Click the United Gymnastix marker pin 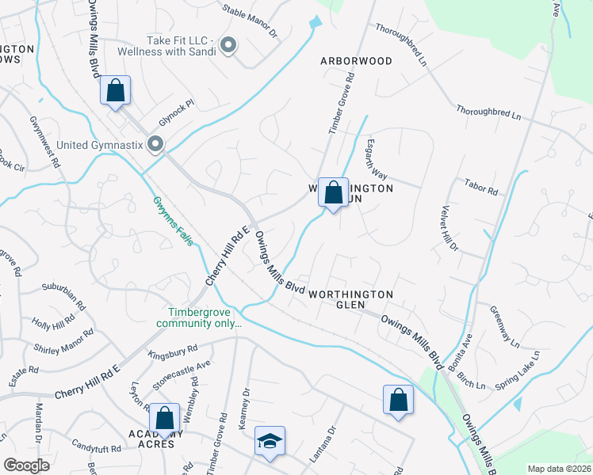click(x=155, y=144)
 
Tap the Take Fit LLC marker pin click(x=228, y=45)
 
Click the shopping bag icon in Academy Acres click(x=164, y=419)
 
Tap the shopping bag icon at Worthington click(x=334, y=192)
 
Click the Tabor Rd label click(x=480, y=191)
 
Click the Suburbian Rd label click(x=63, y=298)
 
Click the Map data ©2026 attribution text click(x=559, y=469)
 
